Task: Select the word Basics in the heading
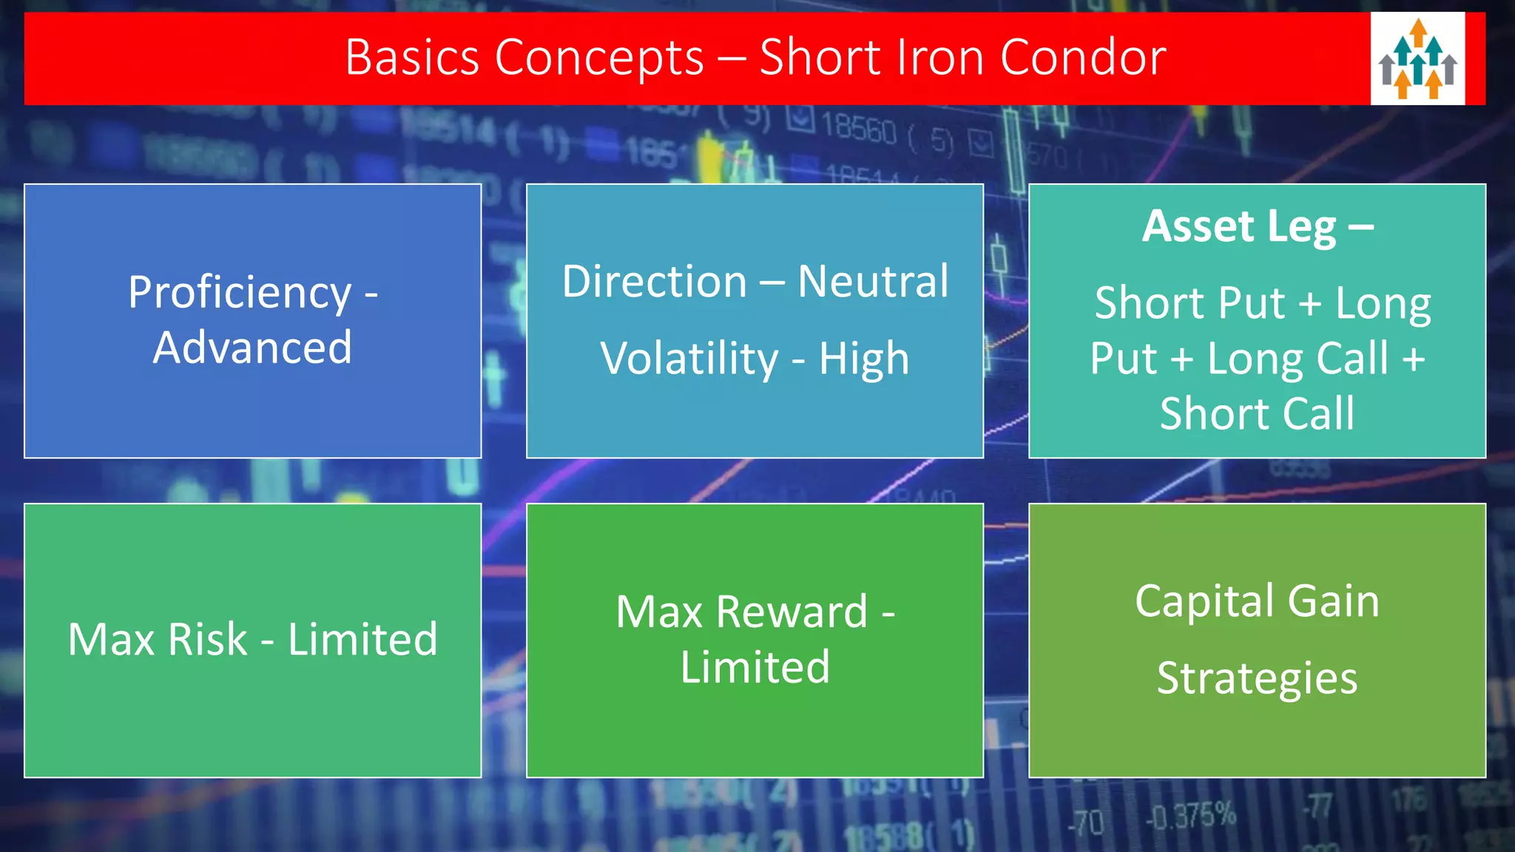tap(412, 58)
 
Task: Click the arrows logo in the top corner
tap(1417, 58)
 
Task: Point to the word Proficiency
tap(240, 293)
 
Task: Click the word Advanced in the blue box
tap(252, 348)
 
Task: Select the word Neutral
tap(873, 282)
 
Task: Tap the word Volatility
tap(689, 359)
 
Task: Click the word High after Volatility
tap(863, 359)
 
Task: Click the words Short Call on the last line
tap(1257, 413)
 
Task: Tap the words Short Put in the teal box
tap(1190, 303)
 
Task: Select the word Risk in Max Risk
tap(207, 640)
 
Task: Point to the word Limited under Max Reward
tap(755, 667)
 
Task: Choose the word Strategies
tap(1257, 679)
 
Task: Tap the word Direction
tap(655, 282)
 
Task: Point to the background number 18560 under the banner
tap(858, 129)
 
